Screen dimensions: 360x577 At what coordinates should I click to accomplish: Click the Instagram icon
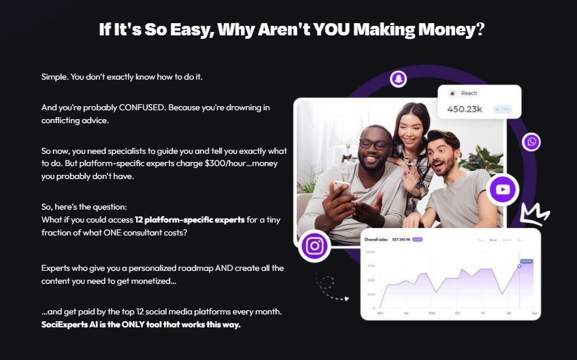(x=314, y=246)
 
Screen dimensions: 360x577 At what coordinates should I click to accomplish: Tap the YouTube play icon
(x=503, y=189)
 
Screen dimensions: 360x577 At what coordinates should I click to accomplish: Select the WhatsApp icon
(x=531, y=142)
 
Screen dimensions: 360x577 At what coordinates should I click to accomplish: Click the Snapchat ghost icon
(x=397, y=79)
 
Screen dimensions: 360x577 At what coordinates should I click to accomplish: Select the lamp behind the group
(x=348, y=127)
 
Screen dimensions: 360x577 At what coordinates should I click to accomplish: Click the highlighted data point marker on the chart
(x=519, y=265)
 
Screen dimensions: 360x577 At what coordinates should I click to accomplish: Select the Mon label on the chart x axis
(x=380, y=313)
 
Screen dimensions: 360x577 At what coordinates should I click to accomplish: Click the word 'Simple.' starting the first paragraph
(x=54, y=76)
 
